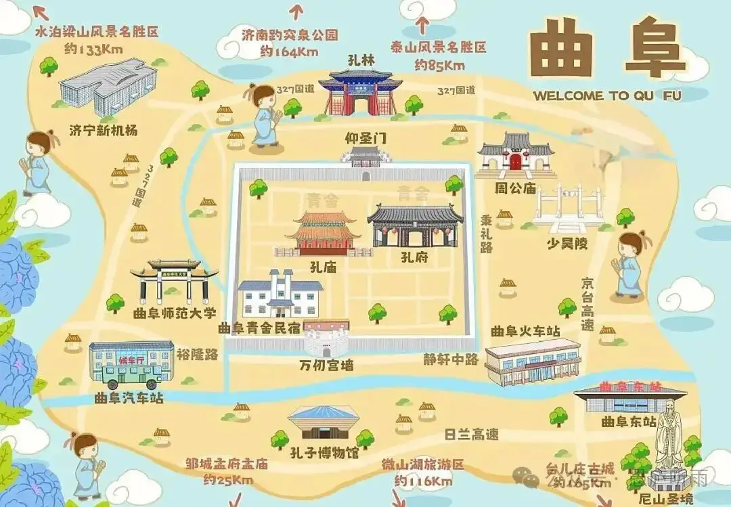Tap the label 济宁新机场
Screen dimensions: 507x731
pos(103,130)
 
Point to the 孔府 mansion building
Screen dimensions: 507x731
pos(415,226)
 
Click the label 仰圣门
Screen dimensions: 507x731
pos(365,138)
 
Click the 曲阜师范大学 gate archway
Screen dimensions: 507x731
pos(175,280)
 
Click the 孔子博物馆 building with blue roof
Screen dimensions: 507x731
pos(323,424)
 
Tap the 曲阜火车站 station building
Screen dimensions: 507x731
pos(533,362)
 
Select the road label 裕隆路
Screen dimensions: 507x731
pos(197,353)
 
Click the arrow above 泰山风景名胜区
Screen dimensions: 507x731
pos(422,25)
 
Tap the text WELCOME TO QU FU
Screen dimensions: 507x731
pos(606,95)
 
